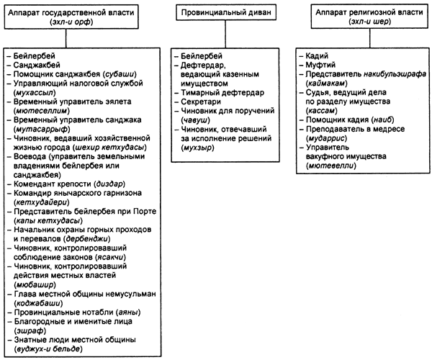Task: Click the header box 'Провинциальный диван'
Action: point(226,12)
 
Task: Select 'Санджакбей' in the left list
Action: point(37,65)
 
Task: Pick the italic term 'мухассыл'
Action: point(35,93)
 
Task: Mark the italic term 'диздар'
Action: point(109,184)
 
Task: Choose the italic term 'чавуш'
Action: point(195,120)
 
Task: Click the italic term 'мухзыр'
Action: point(197,148)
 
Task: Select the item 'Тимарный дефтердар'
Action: point(222,93)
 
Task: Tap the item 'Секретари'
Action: point(201,102)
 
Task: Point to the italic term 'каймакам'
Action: point(326,84)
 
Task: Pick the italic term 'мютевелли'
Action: point(331,166)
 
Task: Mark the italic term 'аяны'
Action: point(129,312)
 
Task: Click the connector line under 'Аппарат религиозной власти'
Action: point(370,38)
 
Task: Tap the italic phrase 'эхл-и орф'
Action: point(71,22)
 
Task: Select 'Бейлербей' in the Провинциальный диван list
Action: point(202,56)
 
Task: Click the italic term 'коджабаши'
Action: point(38,303)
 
